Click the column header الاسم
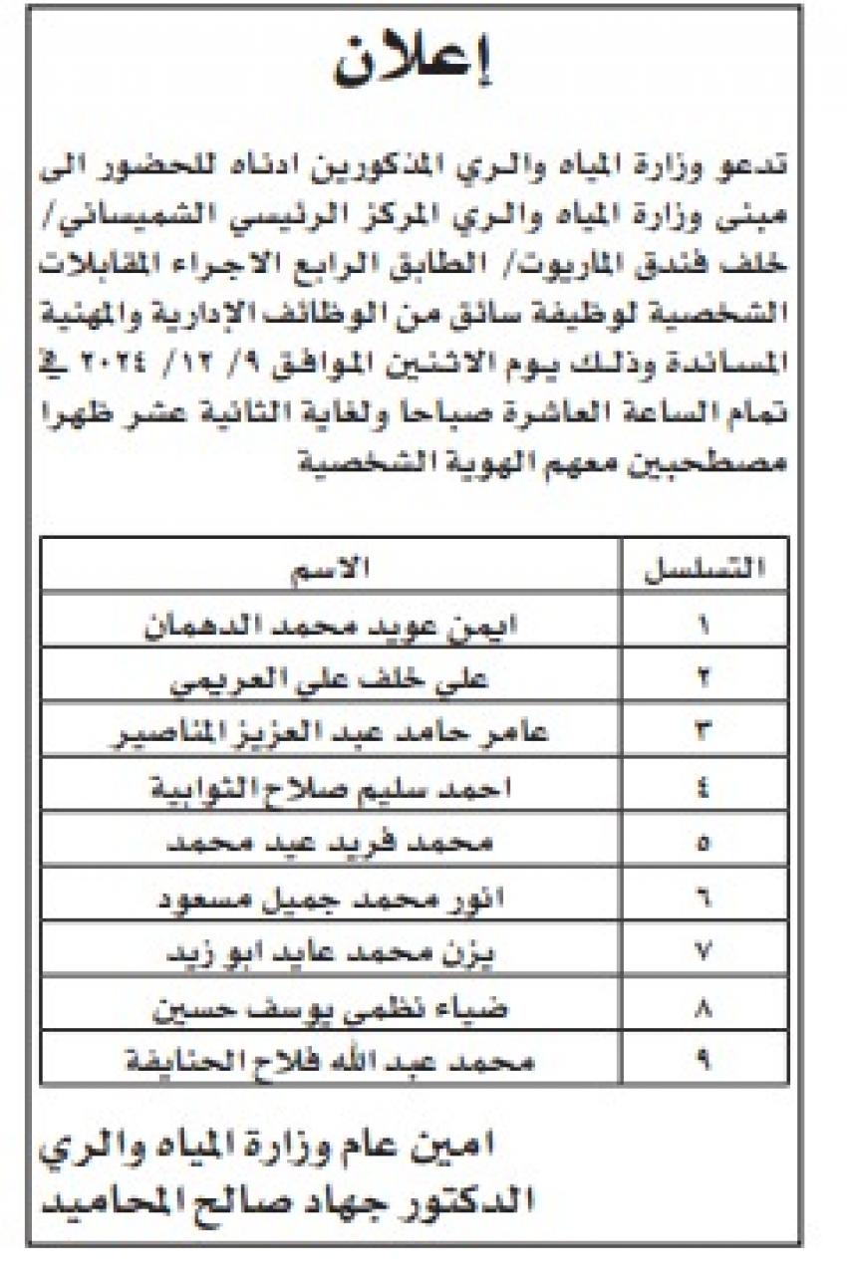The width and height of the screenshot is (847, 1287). [330, 569]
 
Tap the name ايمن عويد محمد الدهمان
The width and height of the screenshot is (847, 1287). [330, 627]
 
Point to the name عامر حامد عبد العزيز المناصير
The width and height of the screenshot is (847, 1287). [330, 736]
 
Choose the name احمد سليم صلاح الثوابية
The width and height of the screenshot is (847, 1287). [330, 790]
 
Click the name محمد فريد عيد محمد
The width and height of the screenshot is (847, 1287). [330, 844]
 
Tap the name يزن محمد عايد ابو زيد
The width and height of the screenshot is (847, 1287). [330, 953]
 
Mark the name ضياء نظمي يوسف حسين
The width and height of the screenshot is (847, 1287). [330, 1007]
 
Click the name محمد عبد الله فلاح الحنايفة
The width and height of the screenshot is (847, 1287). [330, 1061]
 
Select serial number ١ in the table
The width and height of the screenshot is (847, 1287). [706, 627]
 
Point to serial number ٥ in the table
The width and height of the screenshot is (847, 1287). [706, 844]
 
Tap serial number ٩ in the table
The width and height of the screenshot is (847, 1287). [706, 1061]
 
